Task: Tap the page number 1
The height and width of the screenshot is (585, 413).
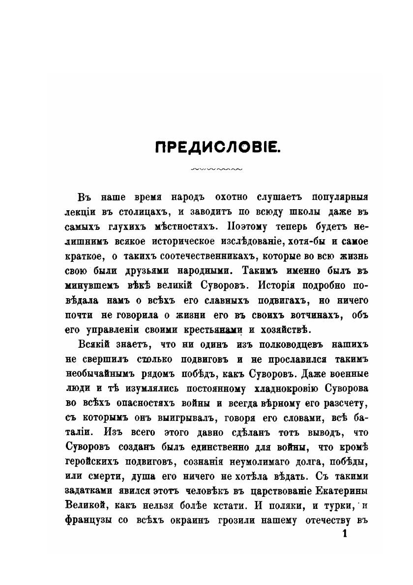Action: (x=344, y=534)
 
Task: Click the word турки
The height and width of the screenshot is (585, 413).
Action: (x=317, y=505)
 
